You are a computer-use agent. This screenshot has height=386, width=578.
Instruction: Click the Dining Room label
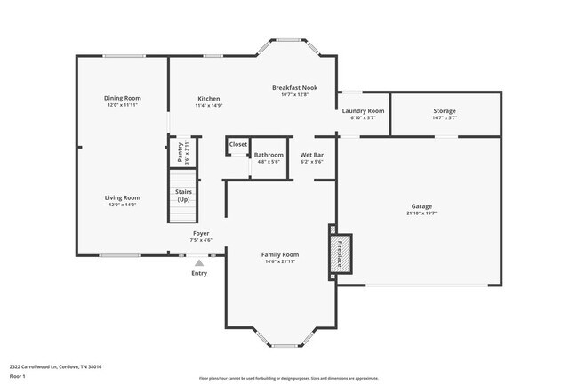[123, 98]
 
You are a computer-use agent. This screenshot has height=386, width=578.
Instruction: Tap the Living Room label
[123, 197]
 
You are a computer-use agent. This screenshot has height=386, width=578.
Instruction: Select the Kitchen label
[209, 99]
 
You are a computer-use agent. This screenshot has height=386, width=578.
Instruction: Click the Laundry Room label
[363, 110]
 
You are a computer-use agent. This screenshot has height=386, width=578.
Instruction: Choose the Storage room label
[445, 111]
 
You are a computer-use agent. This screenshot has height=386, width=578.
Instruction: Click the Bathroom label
[269, 155]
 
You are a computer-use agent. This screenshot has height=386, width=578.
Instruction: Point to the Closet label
[238, 144]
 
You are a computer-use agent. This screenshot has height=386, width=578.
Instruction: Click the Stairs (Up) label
[183, 196]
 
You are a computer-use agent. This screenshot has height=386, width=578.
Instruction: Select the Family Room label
[279, 254]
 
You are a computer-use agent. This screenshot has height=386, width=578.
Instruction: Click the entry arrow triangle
[199, 262]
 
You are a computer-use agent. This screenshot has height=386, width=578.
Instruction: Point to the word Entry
[199, 273]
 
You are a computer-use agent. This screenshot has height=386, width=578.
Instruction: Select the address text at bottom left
[56, 366]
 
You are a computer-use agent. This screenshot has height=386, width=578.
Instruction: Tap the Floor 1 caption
[19, 376]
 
